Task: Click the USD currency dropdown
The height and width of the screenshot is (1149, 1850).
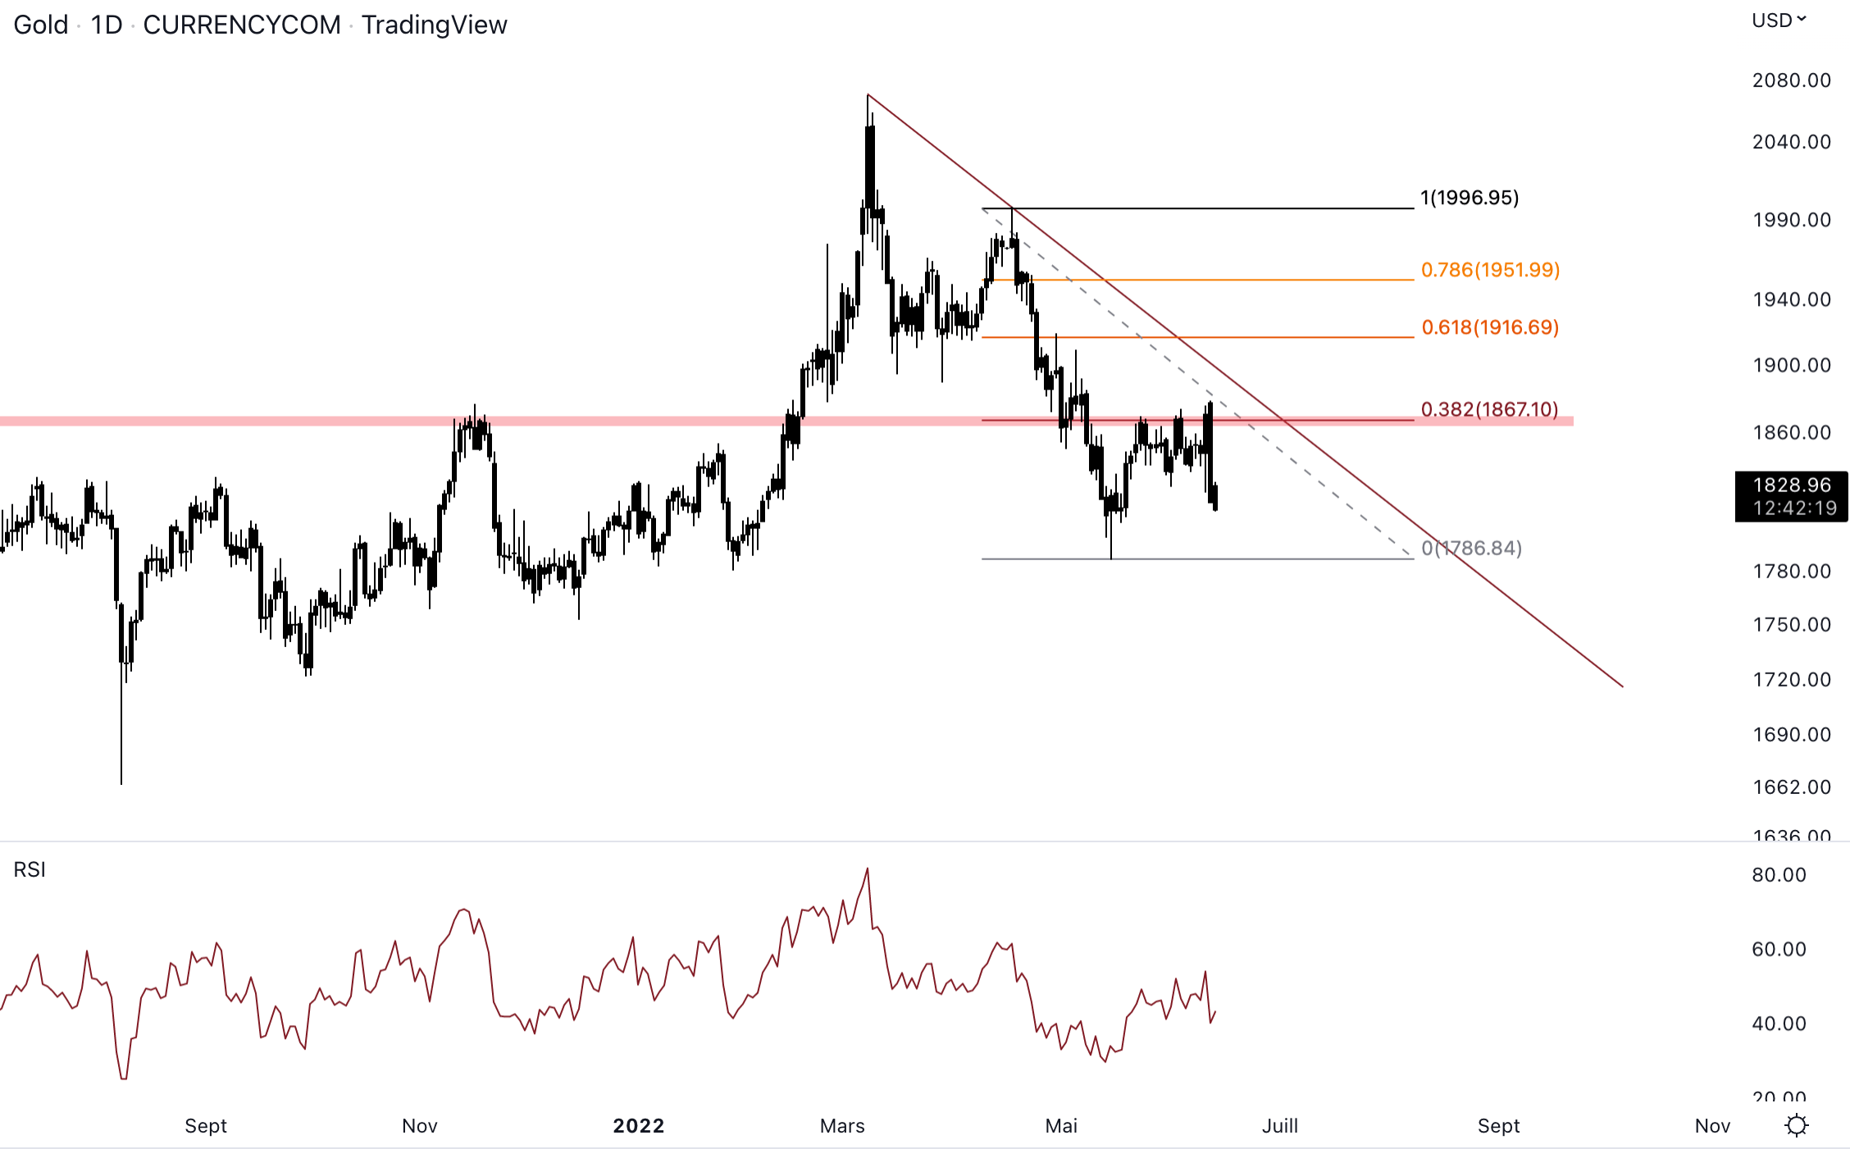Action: click(x=1779, y=21)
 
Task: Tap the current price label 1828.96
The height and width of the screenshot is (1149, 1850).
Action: click(x=1791, y=486)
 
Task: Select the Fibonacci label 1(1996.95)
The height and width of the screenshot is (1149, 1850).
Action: click(x=1470, y=198)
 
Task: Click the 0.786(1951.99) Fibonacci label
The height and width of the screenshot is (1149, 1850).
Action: click(x=1490, y=270)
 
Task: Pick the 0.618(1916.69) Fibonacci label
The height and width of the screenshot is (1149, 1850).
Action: click(x=1490, y=327)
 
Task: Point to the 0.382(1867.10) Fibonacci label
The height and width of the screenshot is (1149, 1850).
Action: click(x=1489, y=409)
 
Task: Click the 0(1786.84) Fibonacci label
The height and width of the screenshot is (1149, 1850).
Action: click(x=1471, y=548)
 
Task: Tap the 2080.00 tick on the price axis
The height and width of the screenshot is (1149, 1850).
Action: click(x=1791, y=80)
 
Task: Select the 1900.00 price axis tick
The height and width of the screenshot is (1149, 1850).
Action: click(x=1791, y=365)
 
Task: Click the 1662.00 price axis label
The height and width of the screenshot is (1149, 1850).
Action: click(x=1791, y=787)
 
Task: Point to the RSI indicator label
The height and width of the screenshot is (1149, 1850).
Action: click(x=30, y=869)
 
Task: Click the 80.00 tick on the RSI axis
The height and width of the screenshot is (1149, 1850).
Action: click(x=1779, y=875)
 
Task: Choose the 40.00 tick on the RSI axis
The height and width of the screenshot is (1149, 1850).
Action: click(x=1779, y=1024)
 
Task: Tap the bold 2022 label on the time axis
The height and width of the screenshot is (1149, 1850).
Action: click(x=638, y=1126)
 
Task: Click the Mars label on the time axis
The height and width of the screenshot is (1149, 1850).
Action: click(x=842, y=1126)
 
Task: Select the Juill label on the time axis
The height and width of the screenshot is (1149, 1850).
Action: click(x=1279, y=1126)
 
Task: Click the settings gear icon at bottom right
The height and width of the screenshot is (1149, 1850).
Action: click(x=1797, y=1125)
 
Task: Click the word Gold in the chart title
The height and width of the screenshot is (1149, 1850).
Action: click(x=41, y=25)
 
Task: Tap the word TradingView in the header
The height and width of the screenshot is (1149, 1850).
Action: click(x=434, y=25)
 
